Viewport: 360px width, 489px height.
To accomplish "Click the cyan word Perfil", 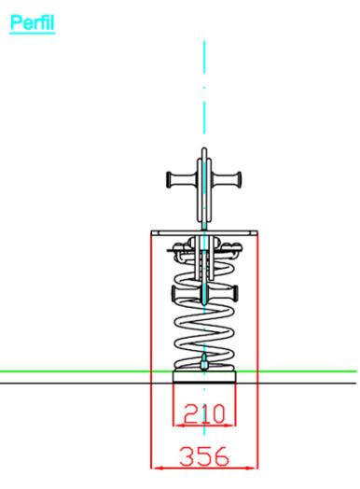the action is (32, 22).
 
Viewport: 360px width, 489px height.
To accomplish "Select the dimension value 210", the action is (204, 414).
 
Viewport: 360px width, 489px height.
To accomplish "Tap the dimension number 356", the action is (204, 456).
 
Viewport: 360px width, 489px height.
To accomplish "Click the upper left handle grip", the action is (182, 179).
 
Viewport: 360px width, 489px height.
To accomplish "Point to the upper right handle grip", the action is (227, 179).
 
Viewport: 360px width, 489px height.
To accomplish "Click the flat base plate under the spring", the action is (204, 377).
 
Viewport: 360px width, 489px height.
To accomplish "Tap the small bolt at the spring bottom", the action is (204, 362).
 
